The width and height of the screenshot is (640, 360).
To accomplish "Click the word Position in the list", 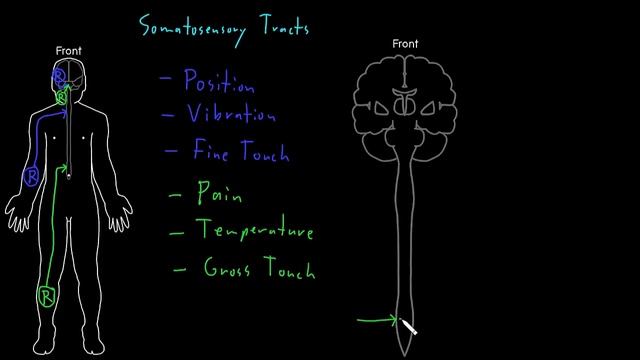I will coord(220,82).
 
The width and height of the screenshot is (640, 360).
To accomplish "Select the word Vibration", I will coord(231,115).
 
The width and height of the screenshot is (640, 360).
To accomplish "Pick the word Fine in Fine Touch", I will coord(212,152).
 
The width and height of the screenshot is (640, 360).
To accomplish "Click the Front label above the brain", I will coord(405,44).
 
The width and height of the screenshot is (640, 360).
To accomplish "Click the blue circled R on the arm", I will coord(31,178).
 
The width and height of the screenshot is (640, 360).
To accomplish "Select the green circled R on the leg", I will coord(45,295).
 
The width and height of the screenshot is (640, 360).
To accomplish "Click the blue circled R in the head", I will coord(59,76).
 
